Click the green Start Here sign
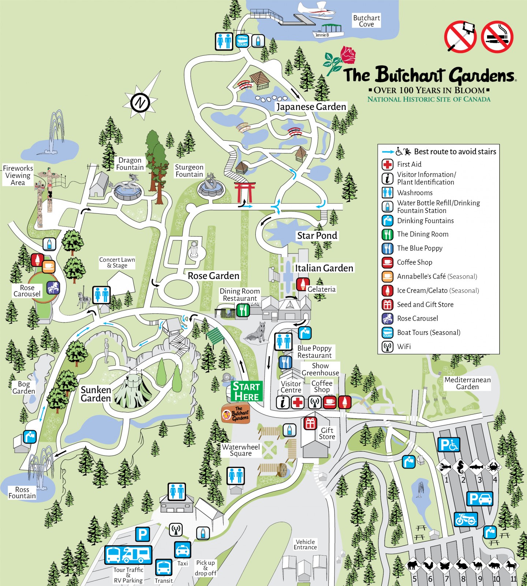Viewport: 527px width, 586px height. click(x=247, y=391)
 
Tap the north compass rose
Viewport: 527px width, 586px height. click(x=141, y=102)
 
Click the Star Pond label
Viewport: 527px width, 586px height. click(x=317, y=236)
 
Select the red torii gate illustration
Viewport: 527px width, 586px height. click(x=245, y=191)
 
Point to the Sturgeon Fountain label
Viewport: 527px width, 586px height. click(x=189, y=171)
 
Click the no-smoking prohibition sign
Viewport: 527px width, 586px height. click(x=497, y=37)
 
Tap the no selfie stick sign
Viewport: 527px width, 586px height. click(x=460, y=37)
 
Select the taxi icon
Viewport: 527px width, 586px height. click(x=182, y=550)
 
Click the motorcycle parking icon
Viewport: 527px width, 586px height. click(x=466, y=519)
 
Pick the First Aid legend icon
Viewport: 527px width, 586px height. click(x=388, y=165)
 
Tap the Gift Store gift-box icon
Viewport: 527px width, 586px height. click(x=310, y=423)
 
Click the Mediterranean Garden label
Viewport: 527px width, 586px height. click(x=467, y=383)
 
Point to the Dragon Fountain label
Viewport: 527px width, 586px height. click(x=130, y=164)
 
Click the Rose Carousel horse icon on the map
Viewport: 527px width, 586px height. click(x=53, y=288)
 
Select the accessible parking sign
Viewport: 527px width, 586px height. click(x=449, y=445)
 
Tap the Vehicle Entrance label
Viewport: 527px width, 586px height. click(x=305, y=544)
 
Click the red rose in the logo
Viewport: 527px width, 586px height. click(x=348, y=55)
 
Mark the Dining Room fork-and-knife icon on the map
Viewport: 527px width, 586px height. click(x=243, y=310)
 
